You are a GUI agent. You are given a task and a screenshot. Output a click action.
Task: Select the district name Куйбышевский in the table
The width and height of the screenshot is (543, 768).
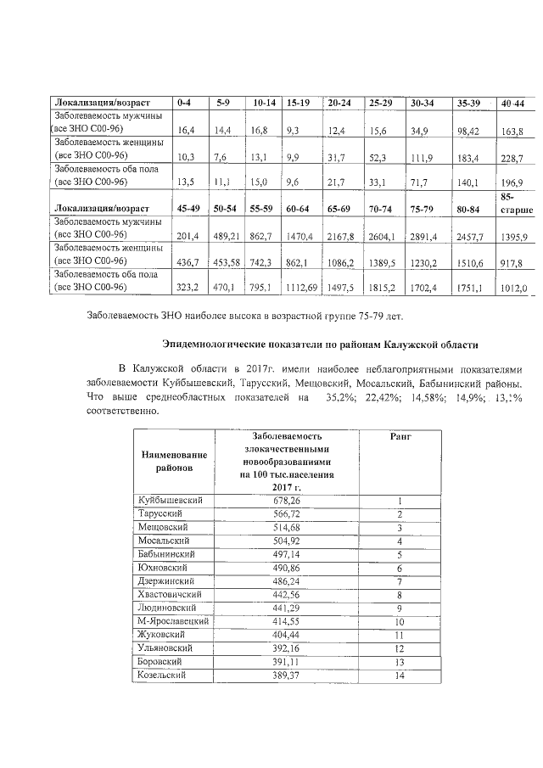(x=171, y=502)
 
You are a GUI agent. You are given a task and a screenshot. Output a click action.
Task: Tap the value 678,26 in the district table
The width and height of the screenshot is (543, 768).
(x=287, y=502)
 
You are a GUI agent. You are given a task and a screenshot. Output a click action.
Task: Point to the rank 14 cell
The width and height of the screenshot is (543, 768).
(x=399, y=676)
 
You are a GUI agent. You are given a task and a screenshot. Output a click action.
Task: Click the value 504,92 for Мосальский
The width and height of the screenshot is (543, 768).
(x=287, y=541)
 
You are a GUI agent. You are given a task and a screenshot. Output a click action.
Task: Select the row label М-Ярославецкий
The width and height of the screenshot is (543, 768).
(x=173, y=621)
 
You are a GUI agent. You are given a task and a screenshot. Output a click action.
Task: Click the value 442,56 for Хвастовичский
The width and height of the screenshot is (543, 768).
(x=287, y=595)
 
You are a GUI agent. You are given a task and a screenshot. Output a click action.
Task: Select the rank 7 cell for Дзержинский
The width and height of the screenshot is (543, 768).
(x=399, y=581)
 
